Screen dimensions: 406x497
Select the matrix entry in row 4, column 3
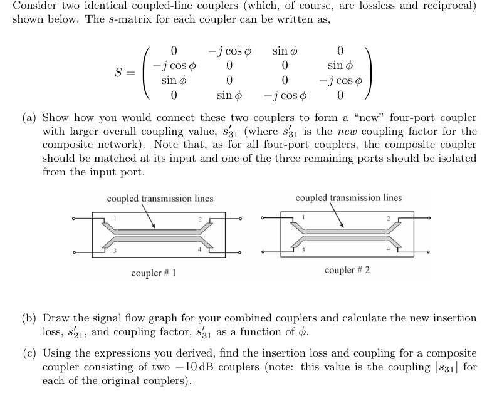(285, 96)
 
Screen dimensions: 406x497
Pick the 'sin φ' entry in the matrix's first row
(285, 50)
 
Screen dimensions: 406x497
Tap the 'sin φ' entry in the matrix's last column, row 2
(340, 65)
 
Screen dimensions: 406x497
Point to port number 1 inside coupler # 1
(115, 218)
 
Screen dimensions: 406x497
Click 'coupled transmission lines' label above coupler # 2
(348, 198)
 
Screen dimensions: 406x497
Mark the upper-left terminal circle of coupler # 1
(74, 219)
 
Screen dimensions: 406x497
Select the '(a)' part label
(28, 118)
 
